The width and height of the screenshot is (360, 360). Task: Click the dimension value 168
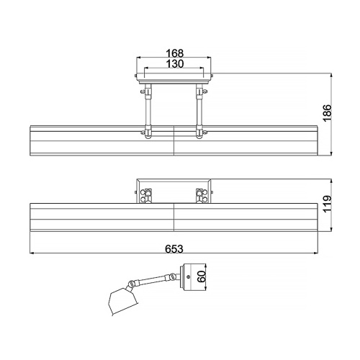coord(174,53)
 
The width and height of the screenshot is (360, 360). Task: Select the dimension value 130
coord(175,64)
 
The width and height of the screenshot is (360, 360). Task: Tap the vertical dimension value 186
coord(328,113)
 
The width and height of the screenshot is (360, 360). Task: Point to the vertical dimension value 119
coord(328,204)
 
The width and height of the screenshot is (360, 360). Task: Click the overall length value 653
coord(174,249)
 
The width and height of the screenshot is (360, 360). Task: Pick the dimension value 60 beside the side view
coord(202,276)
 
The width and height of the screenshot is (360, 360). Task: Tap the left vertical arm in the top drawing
coord(148,110)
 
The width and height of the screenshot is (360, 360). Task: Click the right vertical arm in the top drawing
coord(199,110)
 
